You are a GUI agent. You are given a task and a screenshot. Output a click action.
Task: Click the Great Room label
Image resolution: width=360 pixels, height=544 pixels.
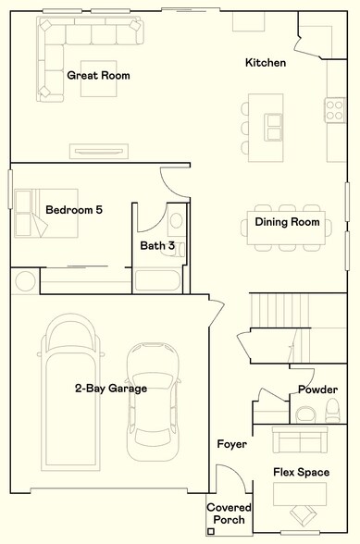[x=98, y=75]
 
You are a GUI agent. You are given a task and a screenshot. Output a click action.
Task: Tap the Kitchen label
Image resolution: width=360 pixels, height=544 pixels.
[x=265, y=63]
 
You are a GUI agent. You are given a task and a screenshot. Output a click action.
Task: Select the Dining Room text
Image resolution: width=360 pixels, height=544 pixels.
[x=287, y=222]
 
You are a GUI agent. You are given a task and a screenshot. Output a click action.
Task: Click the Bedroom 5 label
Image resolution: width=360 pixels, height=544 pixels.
[x=73, y=210]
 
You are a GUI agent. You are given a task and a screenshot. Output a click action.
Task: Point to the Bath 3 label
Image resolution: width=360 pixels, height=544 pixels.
[x=157, y=246]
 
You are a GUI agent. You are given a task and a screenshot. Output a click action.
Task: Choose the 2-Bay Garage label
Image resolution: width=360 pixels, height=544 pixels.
[x=111, y=389]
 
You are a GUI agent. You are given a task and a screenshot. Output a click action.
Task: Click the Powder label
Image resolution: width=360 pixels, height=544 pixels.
[x=317, y=389]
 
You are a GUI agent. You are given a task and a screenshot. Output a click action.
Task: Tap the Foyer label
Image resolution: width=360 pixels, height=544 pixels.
[x=231, y=445]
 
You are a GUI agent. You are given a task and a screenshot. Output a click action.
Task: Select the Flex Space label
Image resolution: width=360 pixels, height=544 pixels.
[x=301, y=473]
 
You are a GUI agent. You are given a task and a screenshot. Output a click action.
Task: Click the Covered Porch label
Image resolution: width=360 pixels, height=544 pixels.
[x=226, y=514]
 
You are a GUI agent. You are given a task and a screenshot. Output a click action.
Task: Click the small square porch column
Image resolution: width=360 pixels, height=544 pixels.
[x=211, y=531]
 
